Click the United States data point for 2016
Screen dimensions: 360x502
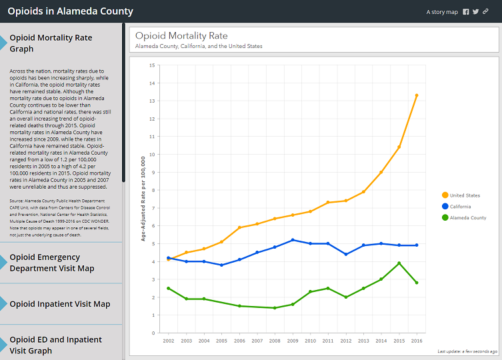tap(417, 95)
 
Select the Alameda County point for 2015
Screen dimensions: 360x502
tap(399, 263)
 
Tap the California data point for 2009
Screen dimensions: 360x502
tap(293, 240)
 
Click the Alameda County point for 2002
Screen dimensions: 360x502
tap(169, 288)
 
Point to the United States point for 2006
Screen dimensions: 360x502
tap(239, 227)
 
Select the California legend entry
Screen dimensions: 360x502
tap(460, 207)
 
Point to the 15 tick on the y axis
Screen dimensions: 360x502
tap(153, 65)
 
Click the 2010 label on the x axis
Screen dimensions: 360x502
tap(310, 340)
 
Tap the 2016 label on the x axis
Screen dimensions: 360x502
tap(417, 340)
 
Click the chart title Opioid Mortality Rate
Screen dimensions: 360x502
tap(181, 36)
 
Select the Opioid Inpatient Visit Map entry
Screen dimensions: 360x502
tap(59, 304)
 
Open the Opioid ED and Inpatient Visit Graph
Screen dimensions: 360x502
tap(55, 345)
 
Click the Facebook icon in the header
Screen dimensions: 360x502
tap(465, 12)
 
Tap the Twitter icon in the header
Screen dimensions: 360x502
tap(475, 12)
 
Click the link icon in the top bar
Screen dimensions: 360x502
tap(486, 12)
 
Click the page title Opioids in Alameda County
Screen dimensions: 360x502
tap(70, 11)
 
